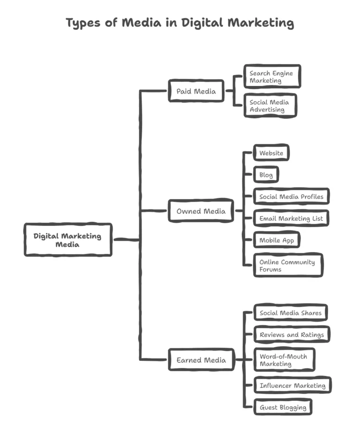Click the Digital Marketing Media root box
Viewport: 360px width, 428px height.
(x=68, y=240)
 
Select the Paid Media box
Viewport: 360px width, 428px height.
(x=196, y=91)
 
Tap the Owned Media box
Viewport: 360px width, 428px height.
(x=201, y=211)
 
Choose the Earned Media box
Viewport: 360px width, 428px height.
(x=201, y=360)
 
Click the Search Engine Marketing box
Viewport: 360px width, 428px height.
(x=272, y=76)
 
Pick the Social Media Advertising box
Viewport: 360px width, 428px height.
(x=270, y=106)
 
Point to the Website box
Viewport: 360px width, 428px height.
(x=271, y=153)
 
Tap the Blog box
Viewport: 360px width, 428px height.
(x=266, y=175)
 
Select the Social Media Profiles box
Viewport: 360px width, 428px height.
(x=291, y=197)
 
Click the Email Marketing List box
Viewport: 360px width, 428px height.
(x=291, y=218)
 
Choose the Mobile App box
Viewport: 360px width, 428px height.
(x=277, y=240)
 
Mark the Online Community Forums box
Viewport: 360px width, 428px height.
(x=288, y=266)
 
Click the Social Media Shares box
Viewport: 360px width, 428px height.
(x=290, y=313)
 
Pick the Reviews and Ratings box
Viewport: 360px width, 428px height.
(x=292, y=335)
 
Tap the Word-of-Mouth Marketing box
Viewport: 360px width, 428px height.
(x=284, y=360)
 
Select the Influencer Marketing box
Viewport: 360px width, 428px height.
(x=292, y=385)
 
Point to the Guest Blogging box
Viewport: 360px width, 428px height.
(x=283, y=407)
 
